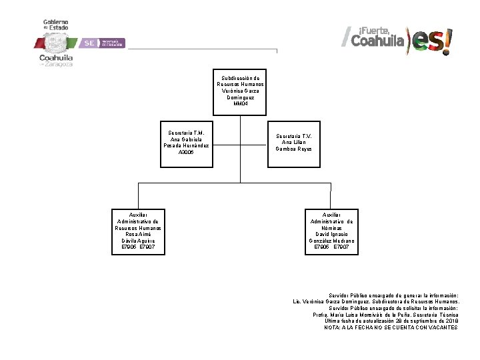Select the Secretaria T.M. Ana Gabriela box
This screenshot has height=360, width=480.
point(186,142)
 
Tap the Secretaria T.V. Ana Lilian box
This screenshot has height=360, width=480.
point(293,142)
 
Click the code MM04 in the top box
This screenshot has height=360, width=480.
point(240,103)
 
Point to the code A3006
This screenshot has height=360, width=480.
point(186,152)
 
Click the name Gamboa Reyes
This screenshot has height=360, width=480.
point(293,149)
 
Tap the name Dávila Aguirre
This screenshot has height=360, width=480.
point(138,241)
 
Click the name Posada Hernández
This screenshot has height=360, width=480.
point(186,145)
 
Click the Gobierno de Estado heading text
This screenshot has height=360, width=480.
point(56,25)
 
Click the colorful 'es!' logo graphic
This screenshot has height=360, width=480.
point(431,41)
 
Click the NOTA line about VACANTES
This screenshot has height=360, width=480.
point(391,327)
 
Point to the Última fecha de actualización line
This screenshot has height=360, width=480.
point(391,321)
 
